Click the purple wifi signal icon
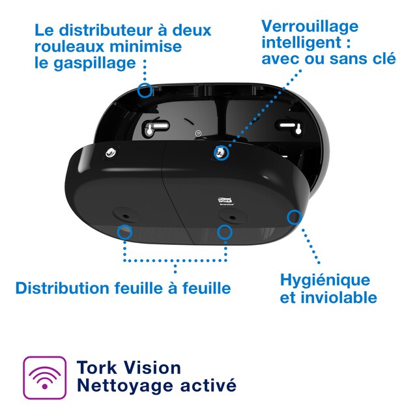[45, 377]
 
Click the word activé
[208, 385]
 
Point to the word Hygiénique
[324, 281]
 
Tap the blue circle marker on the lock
[222, 154]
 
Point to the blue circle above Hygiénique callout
[295, 216]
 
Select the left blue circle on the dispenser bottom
[124, 231]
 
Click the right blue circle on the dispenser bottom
[225, 232]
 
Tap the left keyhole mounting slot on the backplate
[150, 129]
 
